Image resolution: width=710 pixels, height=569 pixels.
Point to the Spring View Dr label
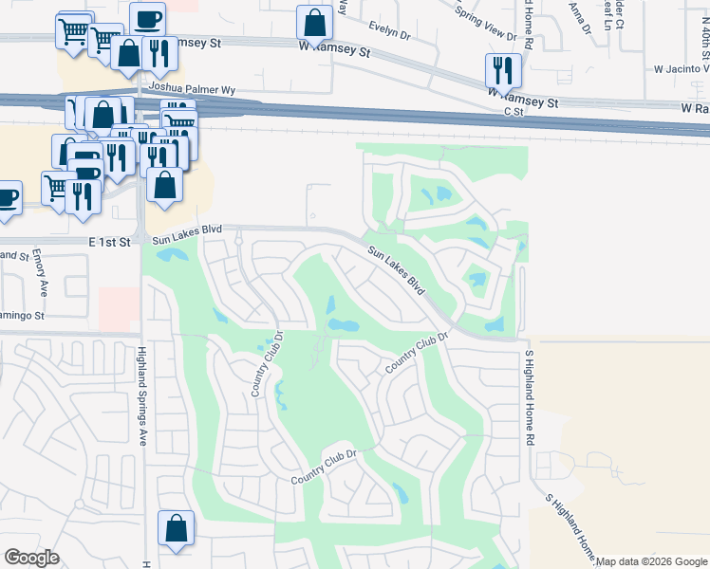[x=485, y=25]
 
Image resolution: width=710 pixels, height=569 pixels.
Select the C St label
[x=514, y=112]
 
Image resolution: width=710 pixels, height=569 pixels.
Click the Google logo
[x=31, y=558]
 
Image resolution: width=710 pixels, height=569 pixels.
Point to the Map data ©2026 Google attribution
[x=652, y=561]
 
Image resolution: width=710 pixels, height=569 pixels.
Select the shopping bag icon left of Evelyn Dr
[x=314, y=24]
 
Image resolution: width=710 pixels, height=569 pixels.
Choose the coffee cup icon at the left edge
[x=6, y=198]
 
